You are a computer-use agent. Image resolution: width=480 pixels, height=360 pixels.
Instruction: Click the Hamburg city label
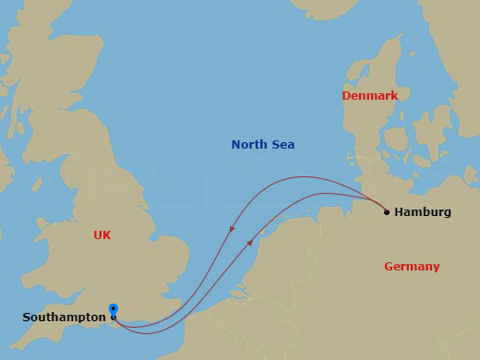[x=422, y=212]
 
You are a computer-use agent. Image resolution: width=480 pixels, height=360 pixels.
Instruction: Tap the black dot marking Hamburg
[x=386, y=211]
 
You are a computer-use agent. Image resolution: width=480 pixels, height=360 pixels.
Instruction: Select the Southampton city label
[x=64, y=318]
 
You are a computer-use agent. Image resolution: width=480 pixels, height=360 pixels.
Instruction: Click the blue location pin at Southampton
[x=113, y=309]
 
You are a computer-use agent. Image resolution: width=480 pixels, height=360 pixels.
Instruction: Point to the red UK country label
[x=102, y=235]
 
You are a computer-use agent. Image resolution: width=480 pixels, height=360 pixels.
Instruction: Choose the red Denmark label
[x=369, y=96]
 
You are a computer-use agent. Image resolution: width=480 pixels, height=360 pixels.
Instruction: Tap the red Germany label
[x=412, y=267]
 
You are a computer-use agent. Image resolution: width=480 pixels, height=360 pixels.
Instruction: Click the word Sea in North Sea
[x=282, y=145]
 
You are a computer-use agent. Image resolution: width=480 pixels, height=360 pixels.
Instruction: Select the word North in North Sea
[x=248, y=145]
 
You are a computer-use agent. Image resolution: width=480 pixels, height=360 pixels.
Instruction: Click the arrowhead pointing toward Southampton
[x=231, y=229]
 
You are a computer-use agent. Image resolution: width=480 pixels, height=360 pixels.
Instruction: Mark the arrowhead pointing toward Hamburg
[x=250, y=243]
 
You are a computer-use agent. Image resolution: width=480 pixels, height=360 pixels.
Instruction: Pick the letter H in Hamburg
[x=399, y=212]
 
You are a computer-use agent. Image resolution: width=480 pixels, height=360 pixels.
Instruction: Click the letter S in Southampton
[x=27, y=318]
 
